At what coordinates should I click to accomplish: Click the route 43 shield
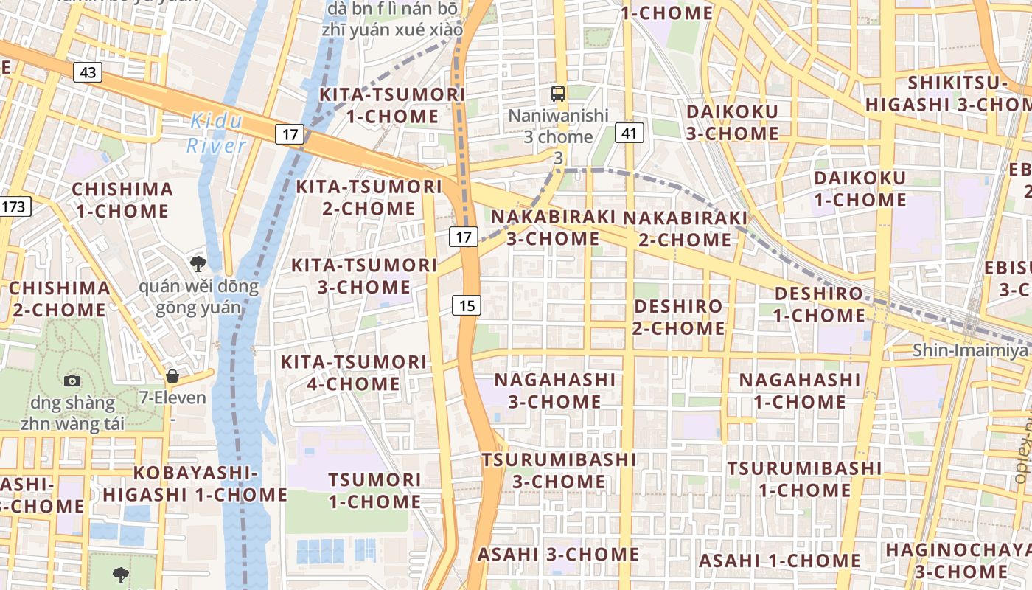(88, 72)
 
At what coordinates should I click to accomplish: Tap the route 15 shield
(467, 305)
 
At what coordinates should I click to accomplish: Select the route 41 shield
(629, 133)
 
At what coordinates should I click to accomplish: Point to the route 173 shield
(14, 206)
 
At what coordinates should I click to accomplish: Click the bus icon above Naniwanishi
(558, 94)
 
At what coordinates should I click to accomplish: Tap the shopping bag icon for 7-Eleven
(172, 377)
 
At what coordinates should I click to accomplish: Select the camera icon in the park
(72, 381)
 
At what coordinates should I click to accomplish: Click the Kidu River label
(215, 133)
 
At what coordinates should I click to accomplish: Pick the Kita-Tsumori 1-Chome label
(391, 105)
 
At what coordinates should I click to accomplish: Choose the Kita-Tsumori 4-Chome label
(354, 372)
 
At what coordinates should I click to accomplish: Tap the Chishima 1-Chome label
(122, 200)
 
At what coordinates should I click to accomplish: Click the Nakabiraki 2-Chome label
(685, 229)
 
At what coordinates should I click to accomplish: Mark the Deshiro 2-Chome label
(678, 317)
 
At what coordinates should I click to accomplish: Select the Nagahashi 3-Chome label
(554, 391)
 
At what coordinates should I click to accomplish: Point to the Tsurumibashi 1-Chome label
(804, 479)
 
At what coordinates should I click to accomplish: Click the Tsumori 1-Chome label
(374, 490)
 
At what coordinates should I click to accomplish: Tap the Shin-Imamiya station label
(972, 350)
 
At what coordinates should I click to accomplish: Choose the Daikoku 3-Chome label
(732, 122)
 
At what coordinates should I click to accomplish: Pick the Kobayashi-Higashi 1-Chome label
(195, 484)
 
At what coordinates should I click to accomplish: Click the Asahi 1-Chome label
(779, 561)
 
